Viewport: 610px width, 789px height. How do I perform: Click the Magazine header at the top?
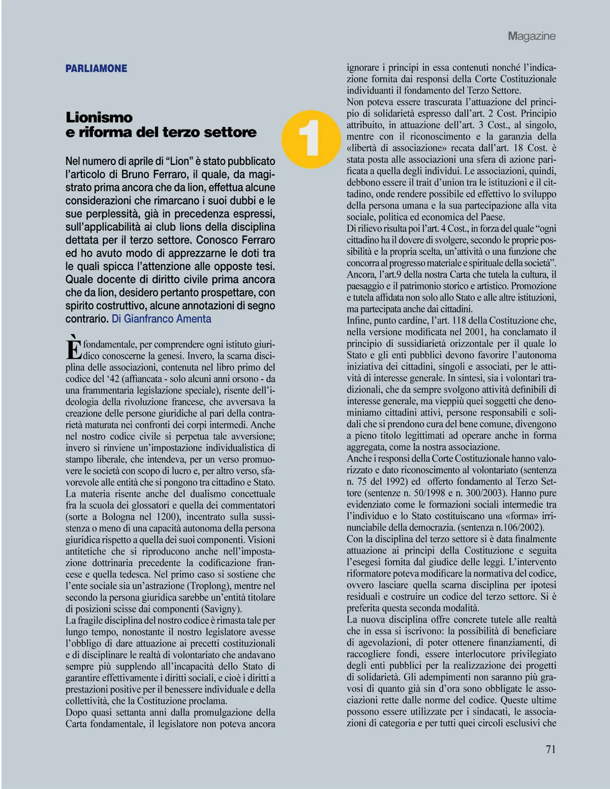(x=531, y=36)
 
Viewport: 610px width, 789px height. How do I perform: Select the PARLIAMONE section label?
(x=96, y=69)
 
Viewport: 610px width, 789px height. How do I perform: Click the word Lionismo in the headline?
(x=99, y=118)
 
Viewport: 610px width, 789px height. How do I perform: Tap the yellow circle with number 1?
(x=311, y=139)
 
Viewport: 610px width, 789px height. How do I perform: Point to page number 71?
(x=551, y=749)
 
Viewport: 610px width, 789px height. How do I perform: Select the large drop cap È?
(x=74, y=348)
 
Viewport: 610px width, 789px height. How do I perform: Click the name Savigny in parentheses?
(x=222, y=609)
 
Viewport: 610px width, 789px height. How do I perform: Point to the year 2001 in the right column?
(x=477, y=332)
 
